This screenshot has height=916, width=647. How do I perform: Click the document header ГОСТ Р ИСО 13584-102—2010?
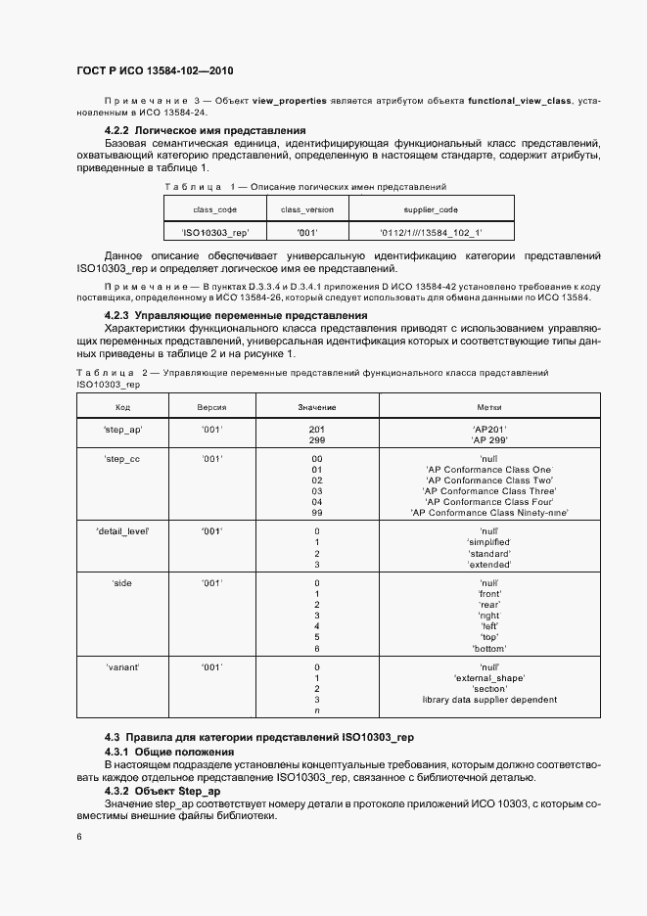(x=155, y=70)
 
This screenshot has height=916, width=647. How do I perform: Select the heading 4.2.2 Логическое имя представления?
(x=205, y=130)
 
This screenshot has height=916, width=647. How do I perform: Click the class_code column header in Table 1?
(x=214, y=209)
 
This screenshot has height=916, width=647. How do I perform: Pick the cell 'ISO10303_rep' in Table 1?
(x=215, y=233)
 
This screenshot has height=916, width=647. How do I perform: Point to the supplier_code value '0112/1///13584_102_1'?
(x=431, y=233)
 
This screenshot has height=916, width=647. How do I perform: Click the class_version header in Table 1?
(x=307, y=209)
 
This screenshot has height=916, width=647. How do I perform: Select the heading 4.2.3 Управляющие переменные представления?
(x=236, y=316)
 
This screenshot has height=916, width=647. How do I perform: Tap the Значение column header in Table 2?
(x=317, y=406)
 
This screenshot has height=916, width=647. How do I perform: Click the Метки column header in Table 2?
(x=489, y=406)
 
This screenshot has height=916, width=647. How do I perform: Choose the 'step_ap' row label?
(x=122, y=430)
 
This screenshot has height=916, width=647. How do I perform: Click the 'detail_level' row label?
(x=122, y=530)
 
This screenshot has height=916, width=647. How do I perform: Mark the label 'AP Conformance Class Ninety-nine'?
(x=489, y=513)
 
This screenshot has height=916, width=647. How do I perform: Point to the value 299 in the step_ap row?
(x=317, y=440)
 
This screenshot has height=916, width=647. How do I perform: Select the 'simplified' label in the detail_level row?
(x=489, y=542)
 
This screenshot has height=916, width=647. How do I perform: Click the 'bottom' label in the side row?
(x=489, y=648)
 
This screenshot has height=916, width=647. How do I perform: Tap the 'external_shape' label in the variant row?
(x=489, y=677)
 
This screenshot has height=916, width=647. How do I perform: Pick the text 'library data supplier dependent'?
(x=489, y=700)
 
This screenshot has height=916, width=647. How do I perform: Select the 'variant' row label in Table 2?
(x=122, y=665)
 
